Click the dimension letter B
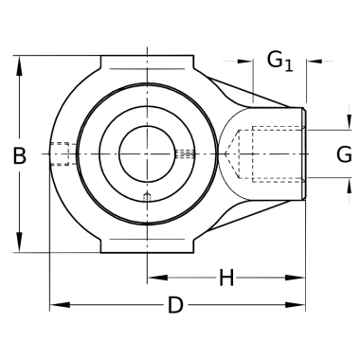(x=19, y=155)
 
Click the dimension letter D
(x=175, y=305)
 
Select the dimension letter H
(x=226, y=278)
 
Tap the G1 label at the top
(x=279, y=61)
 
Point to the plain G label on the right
(x=344, y=154)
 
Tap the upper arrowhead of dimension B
(x=19, y=65)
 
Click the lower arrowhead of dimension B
(x=19, y=243)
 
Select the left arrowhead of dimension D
(x=60, y=305)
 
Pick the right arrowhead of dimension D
(x=295, y=305)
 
